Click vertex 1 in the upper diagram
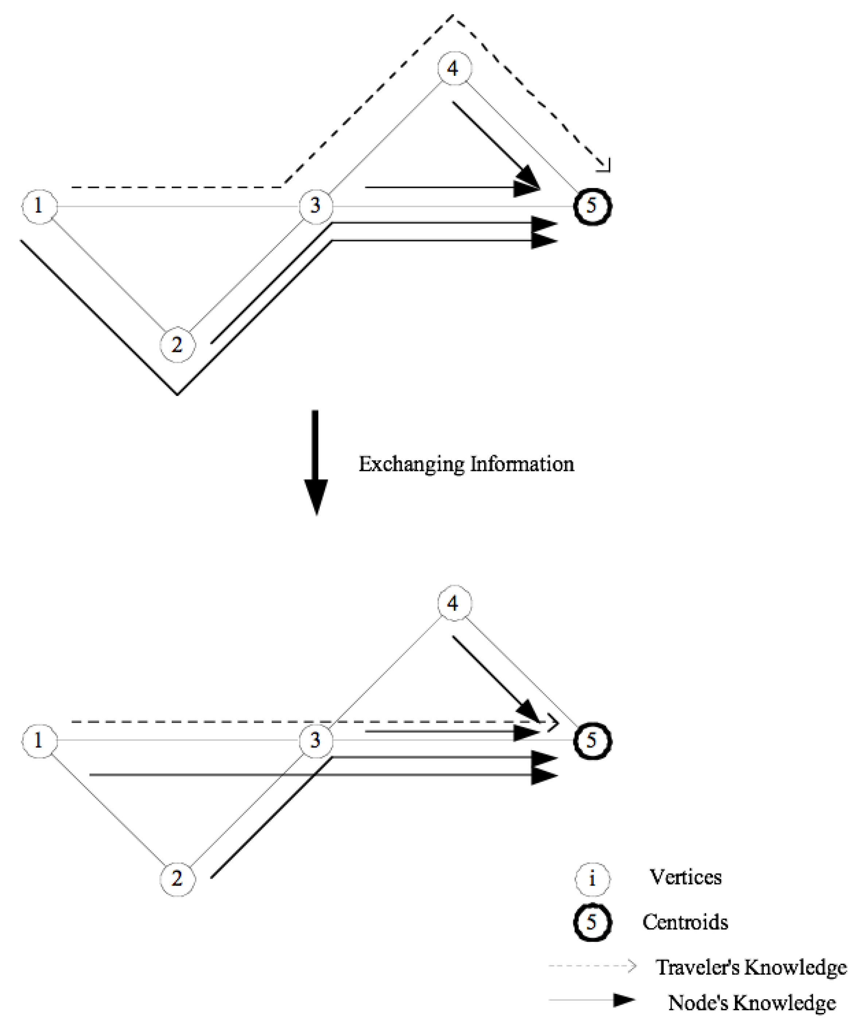pos(39,206)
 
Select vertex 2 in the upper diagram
pos(178,345)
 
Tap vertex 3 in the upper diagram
pos(316,206)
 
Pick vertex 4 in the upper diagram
pos(454,68)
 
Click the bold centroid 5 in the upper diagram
pos(592,206)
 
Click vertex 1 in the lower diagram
pos(39,740)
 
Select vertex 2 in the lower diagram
pos(178,878)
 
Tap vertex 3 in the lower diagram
pos(316,740)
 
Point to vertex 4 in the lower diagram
pos(454,602)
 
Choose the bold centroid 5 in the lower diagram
pos(592,740)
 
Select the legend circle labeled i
pos(592,878)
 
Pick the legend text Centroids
pos(685,922)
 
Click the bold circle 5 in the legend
pos(592,922)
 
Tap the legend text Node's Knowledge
pos(752,1003)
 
